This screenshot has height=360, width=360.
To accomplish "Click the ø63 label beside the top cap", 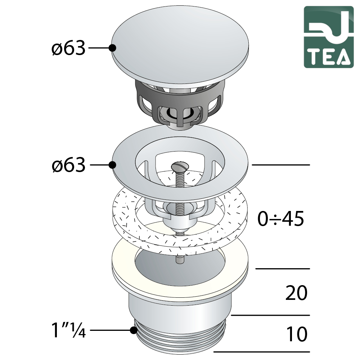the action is point(68,48).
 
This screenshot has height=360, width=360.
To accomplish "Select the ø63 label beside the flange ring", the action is point(68,165).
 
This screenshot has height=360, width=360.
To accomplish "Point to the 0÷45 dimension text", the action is point(280,219).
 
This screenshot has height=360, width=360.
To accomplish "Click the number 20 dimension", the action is point(296,293).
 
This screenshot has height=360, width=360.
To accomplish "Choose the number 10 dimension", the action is point(297,334).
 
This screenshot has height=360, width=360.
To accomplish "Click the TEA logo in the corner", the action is point(329,37).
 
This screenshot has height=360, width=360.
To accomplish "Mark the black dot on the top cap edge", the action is point(112,48).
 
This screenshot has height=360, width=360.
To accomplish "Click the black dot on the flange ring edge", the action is point(112,165).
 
